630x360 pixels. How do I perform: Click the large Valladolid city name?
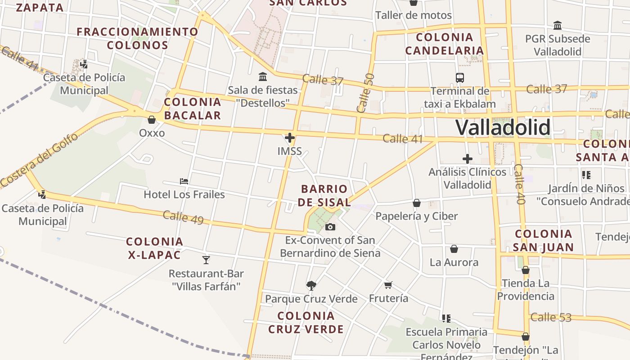click(x=503, y=127)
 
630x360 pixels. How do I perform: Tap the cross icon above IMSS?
click(x=290, y=138)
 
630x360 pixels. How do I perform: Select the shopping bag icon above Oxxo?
click(x=152, y=120)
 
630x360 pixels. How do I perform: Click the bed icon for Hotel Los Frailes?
click(x=184, y=181)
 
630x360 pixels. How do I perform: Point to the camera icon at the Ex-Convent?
click(x=330, y=227)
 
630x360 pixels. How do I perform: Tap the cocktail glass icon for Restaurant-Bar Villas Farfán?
click(x=206, y=260)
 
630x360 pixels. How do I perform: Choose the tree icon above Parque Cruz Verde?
click(x=311, y=285)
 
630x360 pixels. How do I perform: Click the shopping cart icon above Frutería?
click(x=388, y=285)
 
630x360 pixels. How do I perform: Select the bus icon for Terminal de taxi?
click(x=460, y=78)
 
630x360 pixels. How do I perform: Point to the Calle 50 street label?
click(x=365, y=93)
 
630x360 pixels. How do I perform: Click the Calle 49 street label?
click(x=183, y=217)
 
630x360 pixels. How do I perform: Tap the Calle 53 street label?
click(x=551, y=317)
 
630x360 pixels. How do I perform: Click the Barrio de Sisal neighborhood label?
click(x=324, y=195)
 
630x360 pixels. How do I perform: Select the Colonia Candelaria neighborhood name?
click(x=445, y=44)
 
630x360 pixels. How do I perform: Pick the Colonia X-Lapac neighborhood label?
click(x=155, y=248)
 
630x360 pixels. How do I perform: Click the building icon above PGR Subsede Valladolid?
click(x=558, y=25)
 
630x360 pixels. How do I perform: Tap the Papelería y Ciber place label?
click(x=416, y=216)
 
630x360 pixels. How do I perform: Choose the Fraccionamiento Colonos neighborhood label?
click(x=138, y=38)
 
